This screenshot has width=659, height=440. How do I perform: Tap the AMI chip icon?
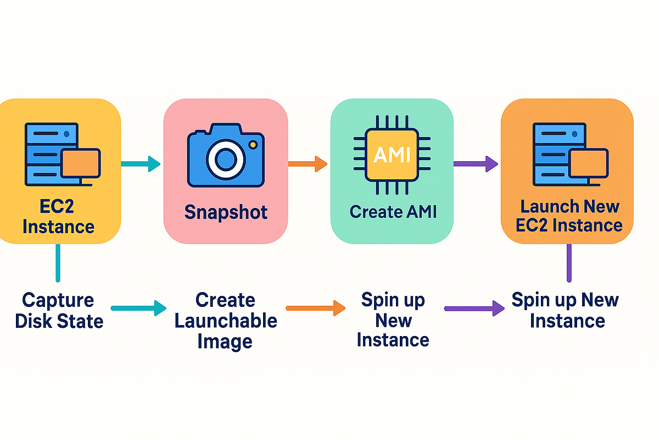[392, 155]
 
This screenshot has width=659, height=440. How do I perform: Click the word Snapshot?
[226, 212]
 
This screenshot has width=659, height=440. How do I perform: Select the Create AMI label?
[393, 211]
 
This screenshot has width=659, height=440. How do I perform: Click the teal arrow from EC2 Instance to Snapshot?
[139, 163]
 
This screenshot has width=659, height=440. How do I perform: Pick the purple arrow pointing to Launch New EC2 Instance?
[475, 163]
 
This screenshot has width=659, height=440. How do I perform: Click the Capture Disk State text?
[59, 311]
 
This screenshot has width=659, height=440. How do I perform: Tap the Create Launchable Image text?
[226, 321]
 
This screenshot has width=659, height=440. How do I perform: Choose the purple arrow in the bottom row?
[474, 309]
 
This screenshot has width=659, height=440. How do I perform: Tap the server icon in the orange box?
[569, 154]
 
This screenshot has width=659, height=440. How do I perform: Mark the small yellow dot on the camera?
[252, 145]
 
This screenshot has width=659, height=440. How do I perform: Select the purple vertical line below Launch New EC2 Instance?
[569, 263]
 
